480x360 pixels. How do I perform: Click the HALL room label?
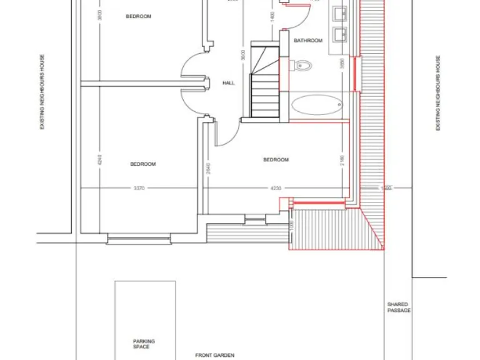pos(229,82)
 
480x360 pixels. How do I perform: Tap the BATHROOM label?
pos(308,41)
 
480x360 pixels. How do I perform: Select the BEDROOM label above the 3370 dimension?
pos(142,164)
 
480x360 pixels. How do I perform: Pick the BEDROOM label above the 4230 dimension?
pos(276,160)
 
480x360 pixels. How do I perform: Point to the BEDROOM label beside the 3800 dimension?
pos(139,17)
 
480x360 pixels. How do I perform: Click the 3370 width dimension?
pos(139,188)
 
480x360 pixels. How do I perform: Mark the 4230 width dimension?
pos(276,188)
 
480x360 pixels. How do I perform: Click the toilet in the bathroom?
pos(302,64)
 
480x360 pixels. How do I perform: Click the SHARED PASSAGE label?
pos(399,307)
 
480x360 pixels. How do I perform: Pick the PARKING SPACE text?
pos(144,344)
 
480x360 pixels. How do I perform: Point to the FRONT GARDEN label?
pos(214,355)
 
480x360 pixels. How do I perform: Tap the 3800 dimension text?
pos(99,16)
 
